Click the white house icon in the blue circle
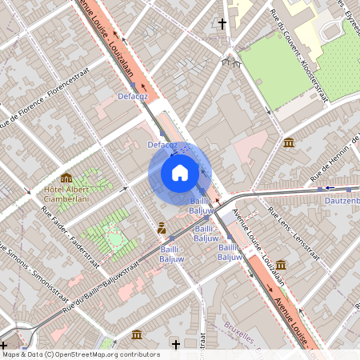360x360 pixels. pyautogui.click(x=180, y=172)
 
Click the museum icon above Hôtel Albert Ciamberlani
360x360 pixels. pyautogui.click(x=66, y=178)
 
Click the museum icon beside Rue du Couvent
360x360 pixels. pyautogui.click(x=288, y=142)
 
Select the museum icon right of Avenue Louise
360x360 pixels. pyautogui.click(x=281, y=264)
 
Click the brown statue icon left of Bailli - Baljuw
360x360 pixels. pyautogui.click(x=162, y=228)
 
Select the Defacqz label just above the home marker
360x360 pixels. pyautogui.click(x=162, y=145)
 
